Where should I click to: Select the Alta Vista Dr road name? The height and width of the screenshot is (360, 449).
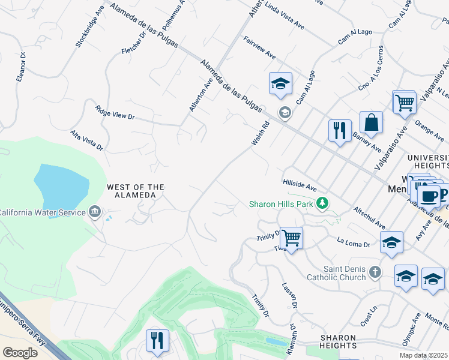pos(87,140)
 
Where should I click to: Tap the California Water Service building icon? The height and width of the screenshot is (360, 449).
pos(95,212)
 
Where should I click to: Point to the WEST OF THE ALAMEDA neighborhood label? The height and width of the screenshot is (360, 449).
pos(135,191)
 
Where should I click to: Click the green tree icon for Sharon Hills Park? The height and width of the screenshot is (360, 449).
pos(323,204)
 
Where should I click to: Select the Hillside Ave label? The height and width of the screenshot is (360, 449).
pos(300,184)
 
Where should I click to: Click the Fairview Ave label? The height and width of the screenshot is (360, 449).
pos(259,47)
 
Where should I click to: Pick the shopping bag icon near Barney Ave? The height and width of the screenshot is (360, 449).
pos(372,122)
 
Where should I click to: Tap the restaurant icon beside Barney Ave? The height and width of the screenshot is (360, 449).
pos(340,130)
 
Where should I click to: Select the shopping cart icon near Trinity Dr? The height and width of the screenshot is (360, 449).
pos(291,238)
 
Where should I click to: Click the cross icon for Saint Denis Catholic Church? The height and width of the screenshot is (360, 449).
pos(375,272)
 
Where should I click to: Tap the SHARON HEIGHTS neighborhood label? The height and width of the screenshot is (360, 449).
pos(339,341)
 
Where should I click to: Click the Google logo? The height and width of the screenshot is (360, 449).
pos(20,352)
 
